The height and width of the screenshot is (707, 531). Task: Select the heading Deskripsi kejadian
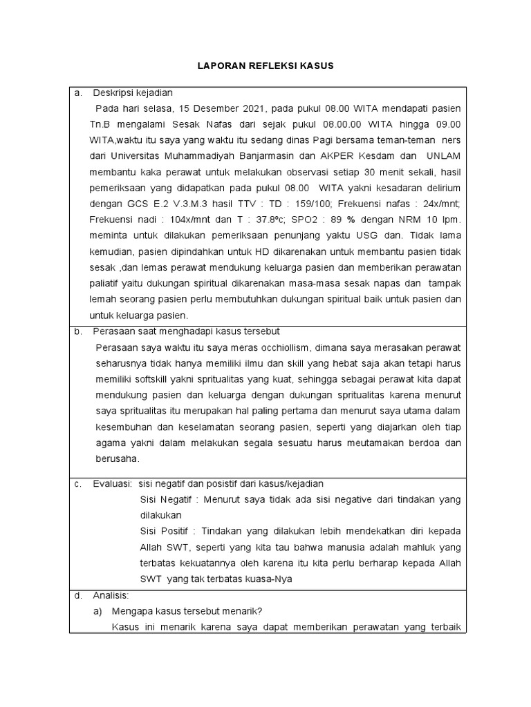pos(133,93)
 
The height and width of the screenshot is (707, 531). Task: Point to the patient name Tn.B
pos(101,124)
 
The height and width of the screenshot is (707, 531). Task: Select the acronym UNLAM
pos(444,156)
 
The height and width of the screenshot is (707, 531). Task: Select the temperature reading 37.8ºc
pos(265,220)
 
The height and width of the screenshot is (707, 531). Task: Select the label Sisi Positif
pos(165,532)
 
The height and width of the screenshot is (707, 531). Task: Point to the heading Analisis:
pos(115,595)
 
